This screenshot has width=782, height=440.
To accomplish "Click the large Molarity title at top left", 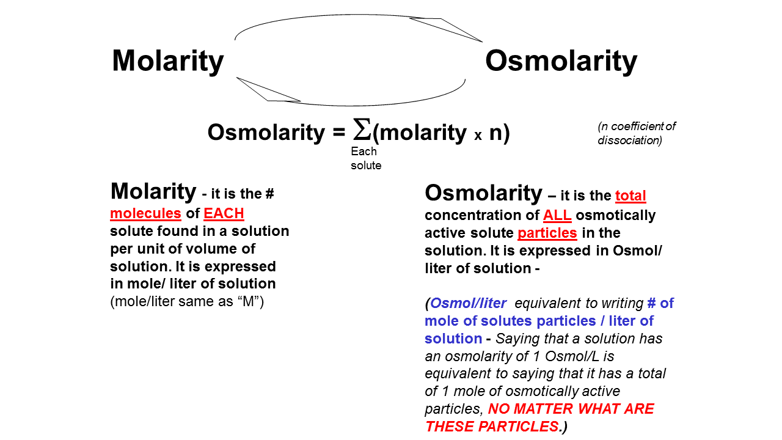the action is click(167, 62).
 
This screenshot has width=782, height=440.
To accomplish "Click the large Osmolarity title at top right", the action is click(561, 62).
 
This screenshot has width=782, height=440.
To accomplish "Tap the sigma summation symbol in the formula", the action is click(362, 129).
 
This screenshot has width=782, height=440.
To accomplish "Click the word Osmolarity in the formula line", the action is click(266, 133).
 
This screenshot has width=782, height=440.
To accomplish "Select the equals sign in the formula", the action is click(339, 133).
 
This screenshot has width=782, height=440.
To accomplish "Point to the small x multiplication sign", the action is click(478, 136).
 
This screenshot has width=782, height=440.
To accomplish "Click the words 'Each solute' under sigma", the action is click(366, 158).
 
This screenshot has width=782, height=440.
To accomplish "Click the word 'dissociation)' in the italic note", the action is click(630, 141).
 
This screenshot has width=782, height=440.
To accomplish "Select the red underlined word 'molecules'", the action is click(145, 213).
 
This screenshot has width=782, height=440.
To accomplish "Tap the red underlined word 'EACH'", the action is click(224, 213).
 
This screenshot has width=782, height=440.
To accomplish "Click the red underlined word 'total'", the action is click(630, 196).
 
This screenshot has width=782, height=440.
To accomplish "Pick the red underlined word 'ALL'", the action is click(557, 215).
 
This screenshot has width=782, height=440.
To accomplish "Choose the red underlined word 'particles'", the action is click(547, 233).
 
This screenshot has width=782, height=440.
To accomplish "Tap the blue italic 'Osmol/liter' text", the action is click(468, 303).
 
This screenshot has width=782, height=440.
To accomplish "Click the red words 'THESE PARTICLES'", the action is click(492, 427).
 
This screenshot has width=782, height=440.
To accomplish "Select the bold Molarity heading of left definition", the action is click(153, 192).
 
